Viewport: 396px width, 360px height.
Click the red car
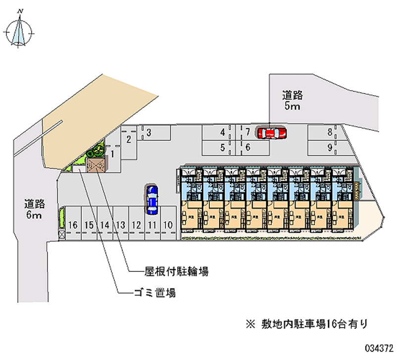(x=272, y=133)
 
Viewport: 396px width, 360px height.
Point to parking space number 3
(x=148, y=132)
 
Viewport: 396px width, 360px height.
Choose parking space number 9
(x=329, y=147)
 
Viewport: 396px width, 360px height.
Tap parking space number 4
(x=223, y=132)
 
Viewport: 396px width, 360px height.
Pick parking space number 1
(x=113, y=154)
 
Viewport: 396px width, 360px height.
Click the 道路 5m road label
(x=293, y=101)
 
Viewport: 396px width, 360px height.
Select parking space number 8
(x=329, y=132)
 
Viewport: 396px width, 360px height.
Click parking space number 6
(x=247, y=147)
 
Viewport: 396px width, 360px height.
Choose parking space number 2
(x=128, y=139)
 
